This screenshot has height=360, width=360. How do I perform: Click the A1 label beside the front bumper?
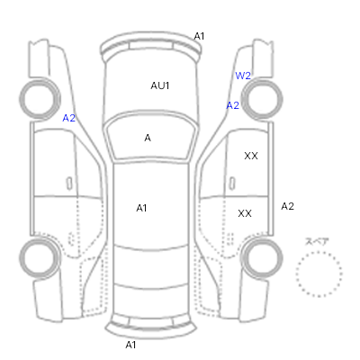pos(199,36)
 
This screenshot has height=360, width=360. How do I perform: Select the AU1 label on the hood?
pos(160,85)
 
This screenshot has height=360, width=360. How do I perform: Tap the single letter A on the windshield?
pos(148,138)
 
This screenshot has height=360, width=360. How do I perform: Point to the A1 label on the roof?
pos(141,208)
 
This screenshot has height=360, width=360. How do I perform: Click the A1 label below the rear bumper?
pos(130,345)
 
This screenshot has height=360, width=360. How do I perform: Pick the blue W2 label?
pos(243,76)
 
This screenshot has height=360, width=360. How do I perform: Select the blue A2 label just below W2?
pos(232,105)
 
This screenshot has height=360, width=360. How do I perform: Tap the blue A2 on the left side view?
pos(68,118)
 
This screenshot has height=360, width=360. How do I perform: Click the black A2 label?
pos(287,206)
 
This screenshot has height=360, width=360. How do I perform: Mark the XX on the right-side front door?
pos(251,156)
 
